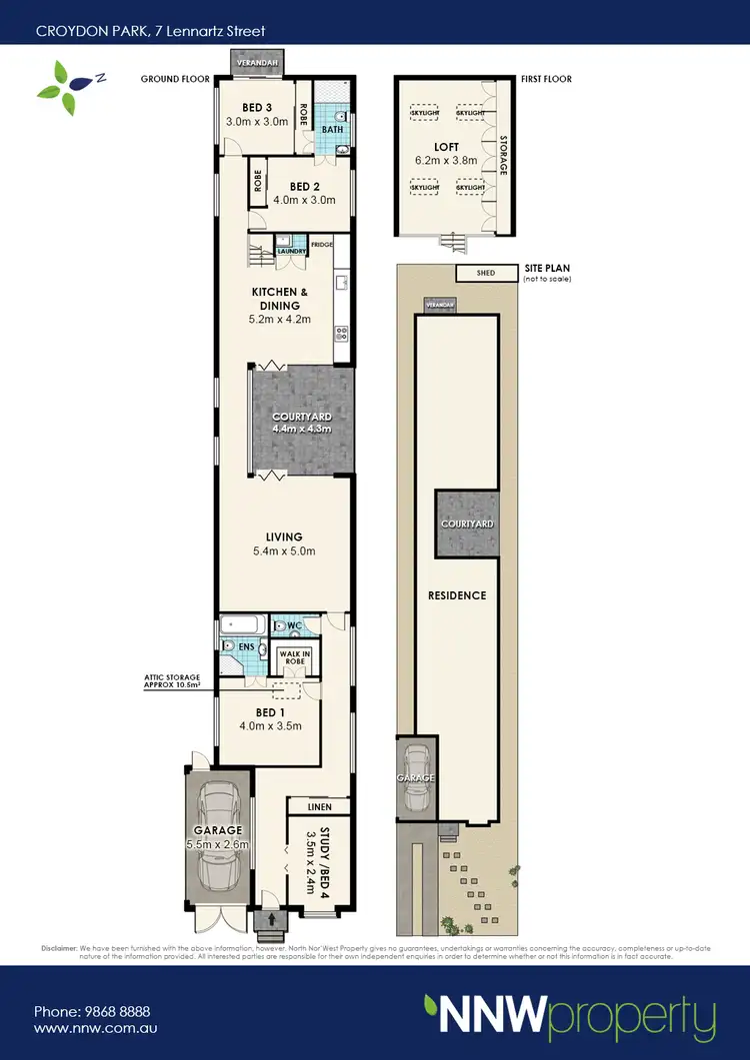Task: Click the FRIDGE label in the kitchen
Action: coord(321,245)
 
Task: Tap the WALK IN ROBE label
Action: coord(294,656)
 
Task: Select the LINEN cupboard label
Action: coord(319,805)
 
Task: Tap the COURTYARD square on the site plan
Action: coord(466,524)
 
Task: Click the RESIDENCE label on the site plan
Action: coord(457,595)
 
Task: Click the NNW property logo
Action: coord(569,1017)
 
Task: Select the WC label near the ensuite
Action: coord(295,626)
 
